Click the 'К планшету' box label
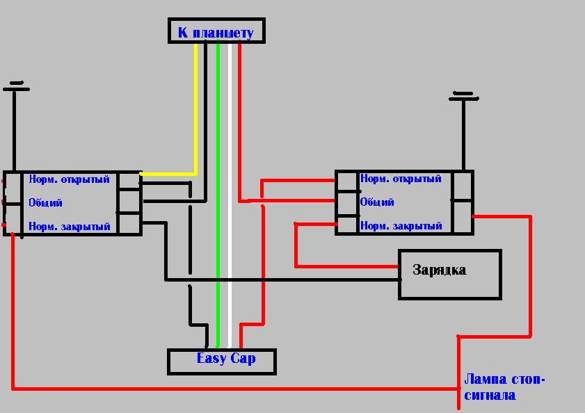pyautogui.click(x=216, y=32)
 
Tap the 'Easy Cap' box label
pyautogui.click(x=225, y=359)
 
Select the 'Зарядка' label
pyautogui.click(x=439, y=270)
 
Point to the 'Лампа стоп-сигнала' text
pyautogui.click(x=504, y=388)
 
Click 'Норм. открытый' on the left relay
pyautogui.click(x=69, y=179)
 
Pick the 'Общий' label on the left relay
pyautogui.click(x=45, y=203)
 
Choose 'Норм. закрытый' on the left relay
pyautogui.click(x=69, y=227)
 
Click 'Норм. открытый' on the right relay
pyautogui.click(x=401, y=179)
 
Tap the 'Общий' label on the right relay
pyautogui.click(x=377, y=202)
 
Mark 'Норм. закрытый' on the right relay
pyautogui.click(x=401, y=226)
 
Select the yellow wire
pyautogui.click(x=196, y=111)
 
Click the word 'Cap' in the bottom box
pyautogui.click(x=243, y=359)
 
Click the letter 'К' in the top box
pyautogui.click(x=183, y=32)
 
